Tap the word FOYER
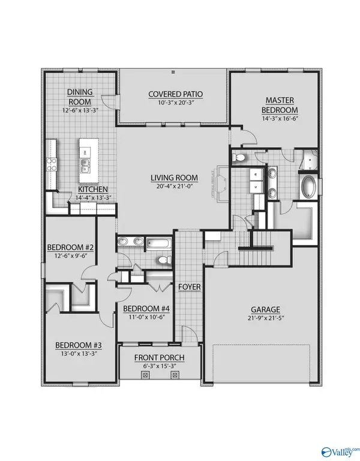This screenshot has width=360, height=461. (189, 287)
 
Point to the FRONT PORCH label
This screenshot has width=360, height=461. (159, 358)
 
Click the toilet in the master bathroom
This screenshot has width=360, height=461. (240, 158)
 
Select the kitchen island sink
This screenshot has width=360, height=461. (85, 165)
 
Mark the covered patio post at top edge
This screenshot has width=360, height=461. (173, 73)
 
